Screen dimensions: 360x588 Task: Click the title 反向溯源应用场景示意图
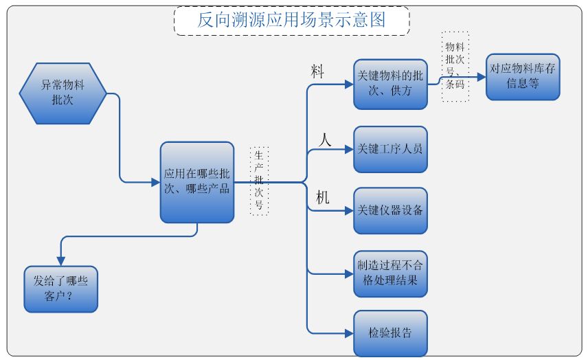coord(291,20)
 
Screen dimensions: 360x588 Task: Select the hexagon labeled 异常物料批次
coord(63,93)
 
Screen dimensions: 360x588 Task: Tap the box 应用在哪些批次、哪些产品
coord(197,183)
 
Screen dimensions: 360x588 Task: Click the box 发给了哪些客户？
coord(60,289)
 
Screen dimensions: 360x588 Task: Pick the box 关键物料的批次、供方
coord(390,84)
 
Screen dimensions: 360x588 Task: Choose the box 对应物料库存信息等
coord(523,77)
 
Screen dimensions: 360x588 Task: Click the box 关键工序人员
coord(390,149)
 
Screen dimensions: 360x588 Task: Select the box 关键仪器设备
coord(390,210)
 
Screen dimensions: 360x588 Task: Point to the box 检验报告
coord(390,334)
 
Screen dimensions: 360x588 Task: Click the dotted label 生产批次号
coord(259,180)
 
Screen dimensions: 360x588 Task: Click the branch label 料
coord(317,72)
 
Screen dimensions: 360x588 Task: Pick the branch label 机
coord(322,197)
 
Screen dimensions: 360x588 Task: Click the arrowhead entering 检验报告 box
coord(349,334)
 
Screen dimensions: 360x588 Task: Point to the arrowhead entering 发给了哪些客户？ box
coord(60,261)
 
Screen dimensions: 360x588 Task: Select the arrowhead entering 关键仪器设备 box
coord(349,210)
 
